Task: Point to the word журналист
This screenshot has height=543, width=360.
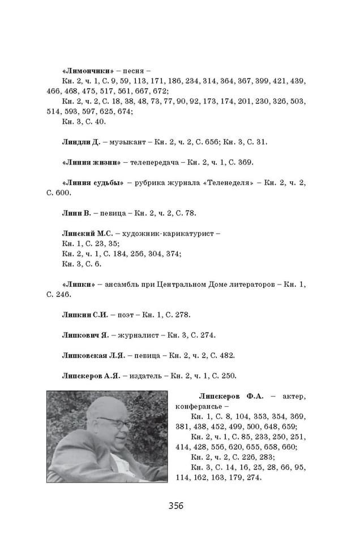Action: (139, 335)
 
